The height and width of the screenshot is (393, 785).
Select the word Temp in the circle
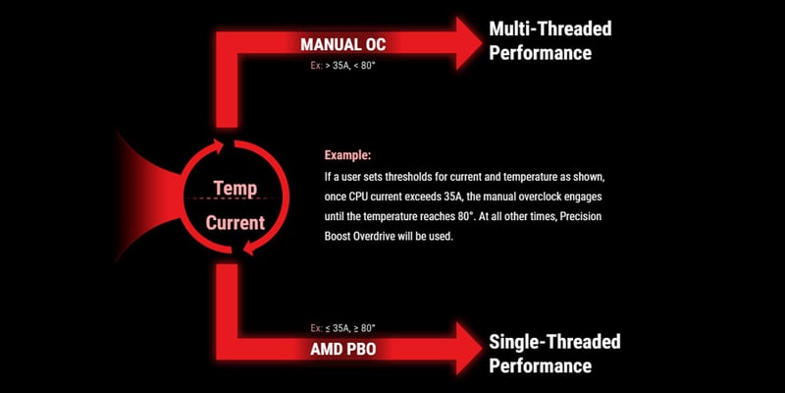(235, 186)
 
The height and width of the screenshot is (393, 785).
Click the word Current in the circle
(235, 223)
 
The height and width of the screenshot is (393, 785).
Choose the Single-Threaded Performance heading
(554, 354)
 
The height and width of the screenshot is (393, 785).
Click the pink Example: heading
(348, 156)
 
